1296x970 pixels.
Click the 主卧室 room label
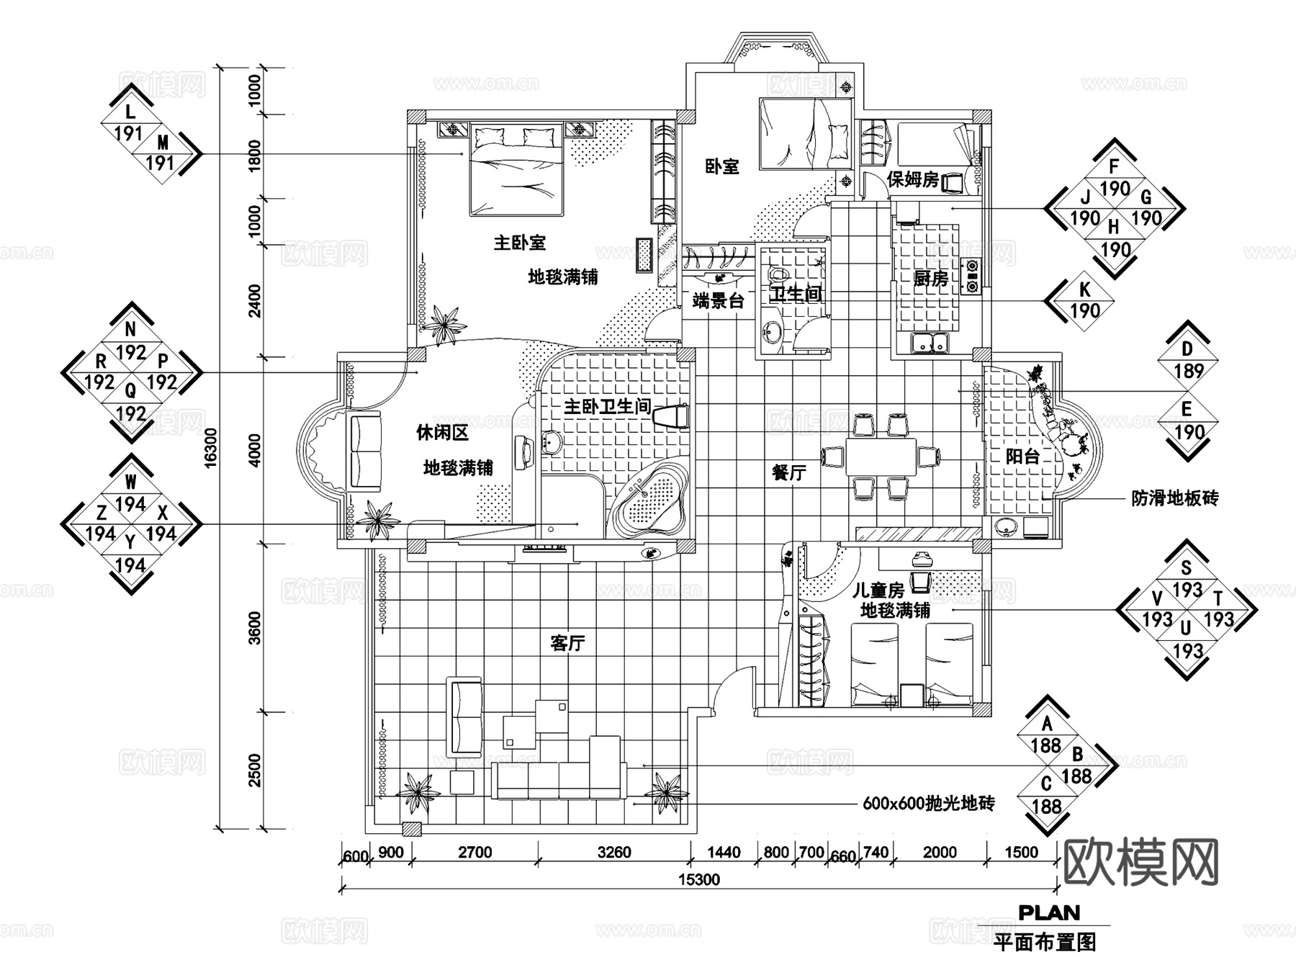pyautogui.click(x=519, y=243)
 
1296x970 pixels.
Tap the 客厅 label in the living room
pyautogui.click(x=567, y=643)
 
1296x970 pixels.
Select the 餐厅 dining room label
pyautogui.click(x=788, y=473)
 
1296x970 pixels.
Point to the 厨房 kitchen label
pyautogui.click(x=930, y=279)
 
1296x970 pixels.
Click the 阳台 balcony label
pyautogui.click(x=1022, y=456)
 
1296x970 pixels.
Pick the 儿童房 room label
pyautogui.click(x=878, y=590)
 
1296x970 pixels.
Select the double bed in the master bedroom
pyautogui.click(x=515, y=171)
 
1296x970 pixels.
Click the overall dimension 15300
pyautogui.click(x=698, y=879)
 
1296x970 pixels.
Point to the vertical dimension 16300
pyautogui.click(x=210, y=448)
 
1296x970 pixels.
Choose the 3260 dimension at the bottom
pyautogui.click(x=614, y=853)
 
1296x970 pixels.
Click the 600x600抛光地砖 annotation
pyautogui.click(x=928, y=804)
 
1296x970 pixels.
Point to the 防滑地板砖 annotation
pyautogui.click(x=1174, y=498)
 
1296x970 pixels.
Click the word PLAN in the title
pyautogui.click(x=1049, y=913)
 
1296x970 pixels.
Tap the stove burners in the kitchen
pyautogui.click(x=971, y=275)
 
